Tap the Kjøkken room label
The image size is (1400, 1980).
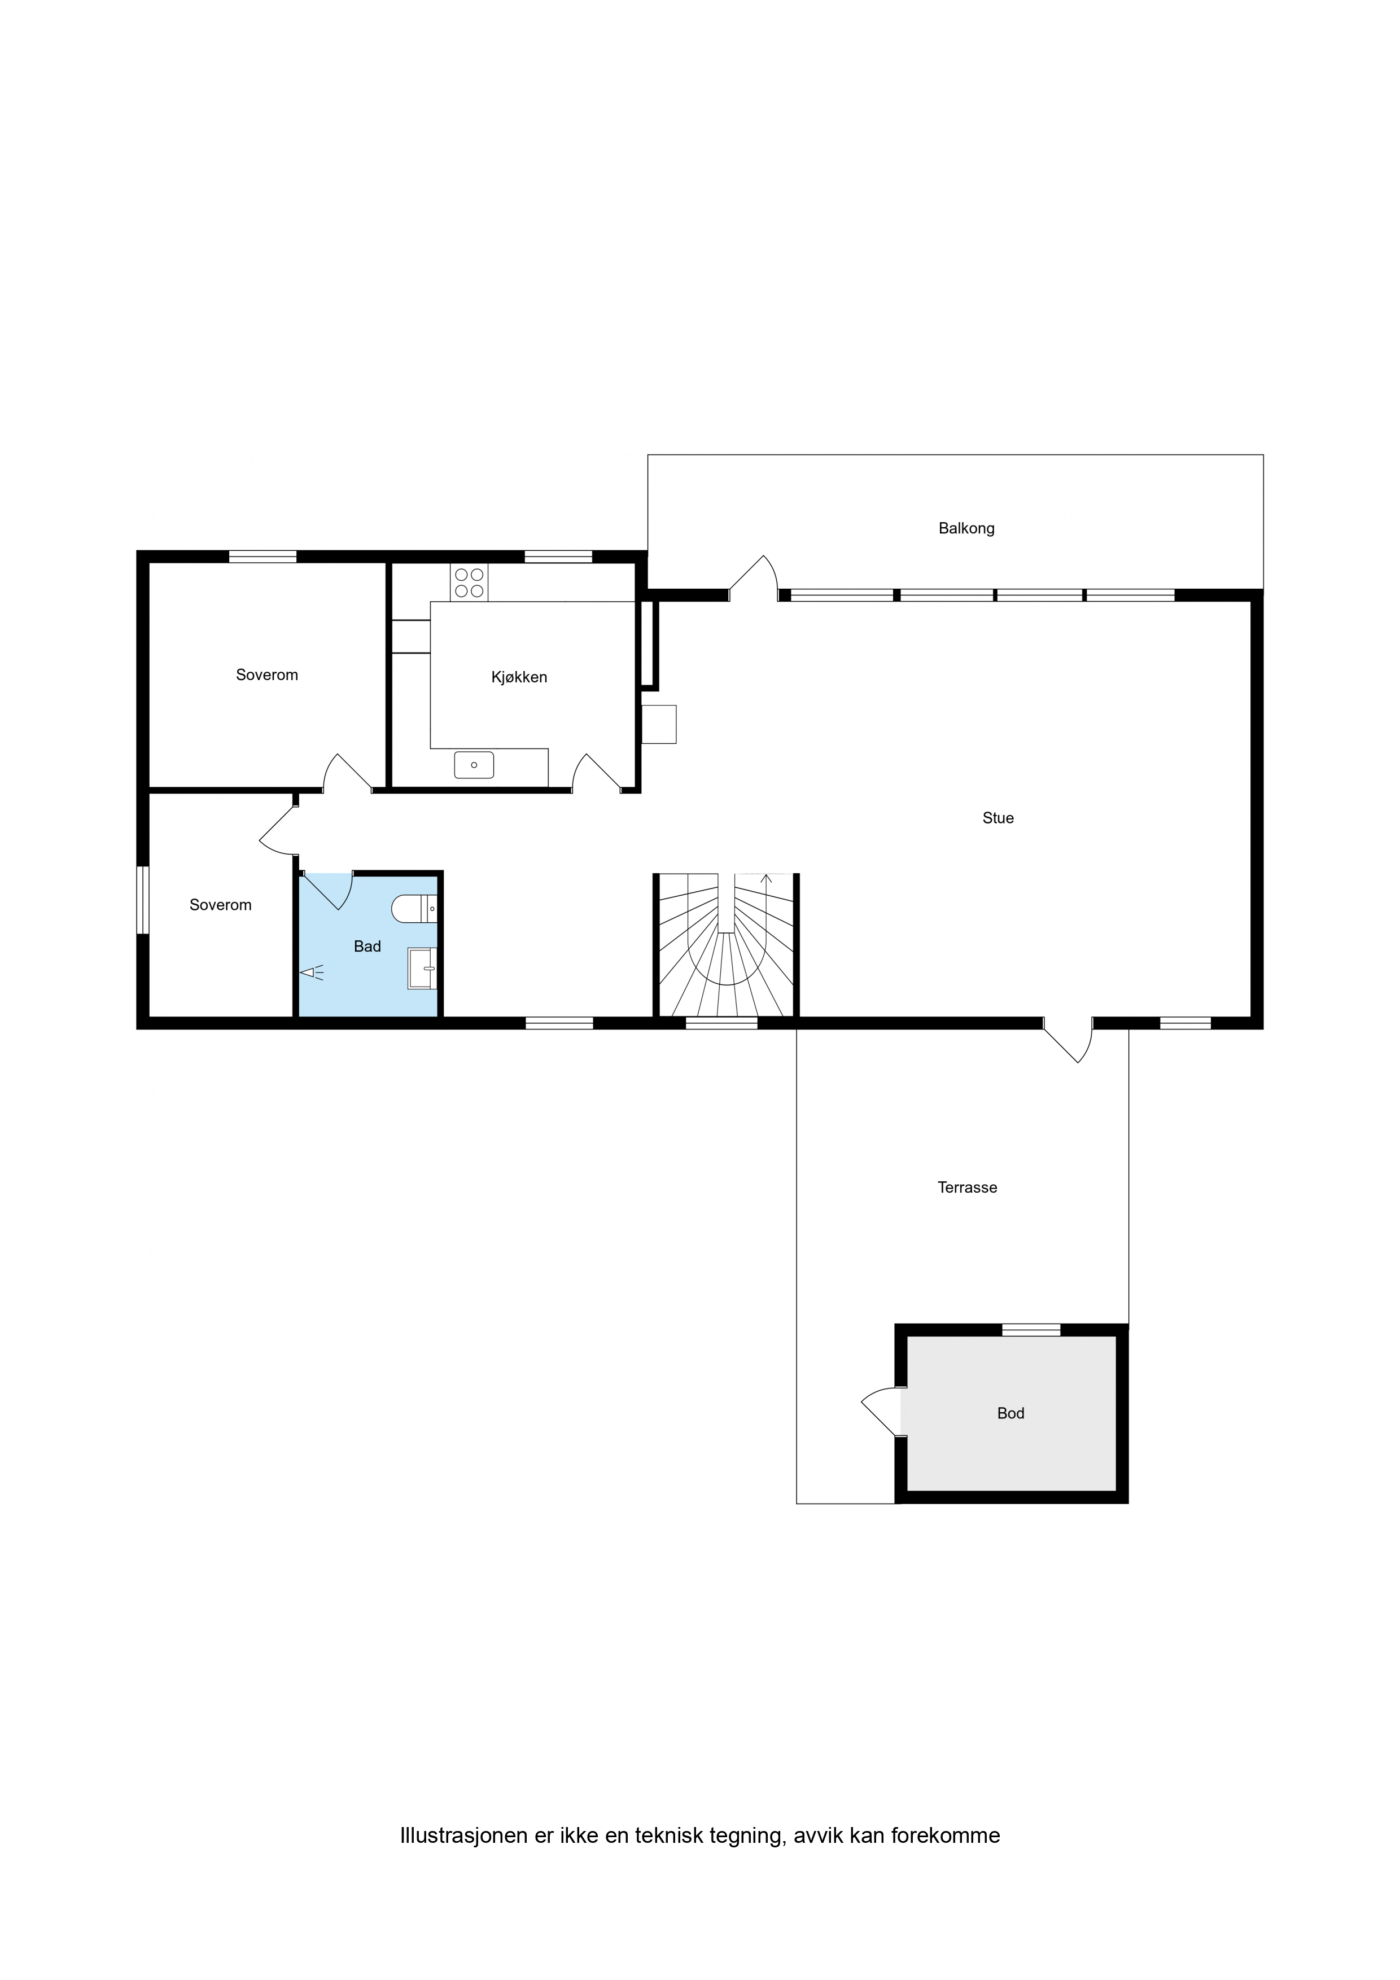(519, 677)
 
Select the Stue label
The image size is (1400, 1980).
(998, 817)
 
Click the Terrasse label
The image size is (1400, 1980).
(967, 1188)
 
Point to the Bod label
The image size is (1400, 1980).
(1010, 1413)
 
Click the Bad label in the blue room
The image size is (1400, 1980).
(368, 946)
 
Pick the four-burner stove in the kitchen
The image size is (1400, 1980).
(469, 582)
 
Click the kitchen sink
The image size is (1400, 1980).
(474, 765)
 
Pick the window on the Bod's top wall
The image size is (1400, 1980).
(1031, 1330)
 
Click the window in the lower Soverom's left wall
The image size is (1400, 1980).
(143, 900)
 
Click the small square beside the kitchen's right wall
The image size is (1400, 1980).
(659, 724)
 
